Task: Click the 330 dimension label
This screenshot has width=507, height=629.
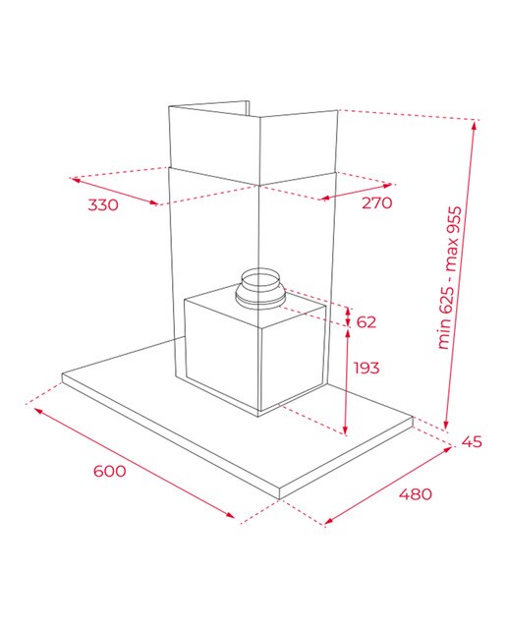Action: point(103,205)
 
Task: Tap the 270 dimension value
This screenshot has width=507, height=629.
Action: point(376,203)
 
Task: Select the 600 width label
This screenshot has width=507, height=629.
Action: point(109,471)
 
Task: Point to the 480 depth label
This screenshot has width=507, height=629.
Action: point(416,493)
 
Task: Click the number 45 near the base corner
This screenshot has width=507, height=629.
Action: point(472,441)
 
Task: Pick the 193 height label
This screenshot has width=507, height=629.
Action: point(366,368)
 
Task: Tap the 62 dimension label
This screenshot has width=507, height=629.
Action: point(366,321)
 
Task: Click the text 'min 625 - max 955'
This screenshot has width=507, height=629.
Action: point(449,277)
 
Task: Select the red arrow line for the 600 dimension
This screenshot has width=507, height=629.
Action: point(135,463)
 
